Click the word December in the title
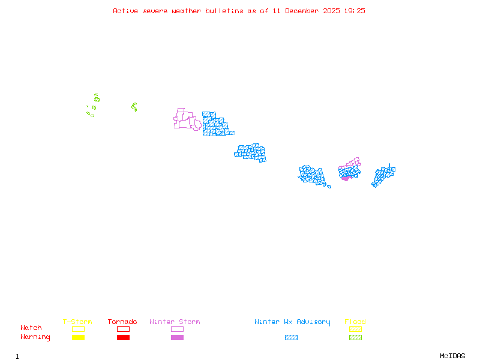(x=303, y=11)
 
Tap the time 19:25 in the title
(x=354, y=11)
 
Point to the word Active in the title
(x=126, y=11)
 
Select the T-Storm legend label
(x=77, y=322)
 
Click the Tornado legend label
(x=122, y=322)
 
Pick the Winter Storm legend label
(x=175, y=322)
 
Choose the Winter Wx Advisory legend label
(x=292, y=322)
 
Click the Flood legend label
(x=355, y=322)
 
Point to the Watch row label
(x=31, y=328)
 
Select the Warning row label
(x=35, y=337)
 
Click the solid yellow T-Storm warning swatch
(x=78, y=338)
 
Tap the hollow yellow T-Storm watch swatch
(x=78, y=329)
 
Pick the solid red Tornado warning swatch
(x=123, y=338)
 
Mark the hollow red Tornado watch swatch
(x=123, y=329)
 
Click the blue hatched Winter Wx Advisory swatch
(x=291, y=338)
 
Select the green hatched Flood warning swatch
(x=355, y=338)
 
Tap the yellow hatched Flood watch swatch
(x=355, y=329)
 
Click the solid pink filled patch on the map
(x=346, y=178)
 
